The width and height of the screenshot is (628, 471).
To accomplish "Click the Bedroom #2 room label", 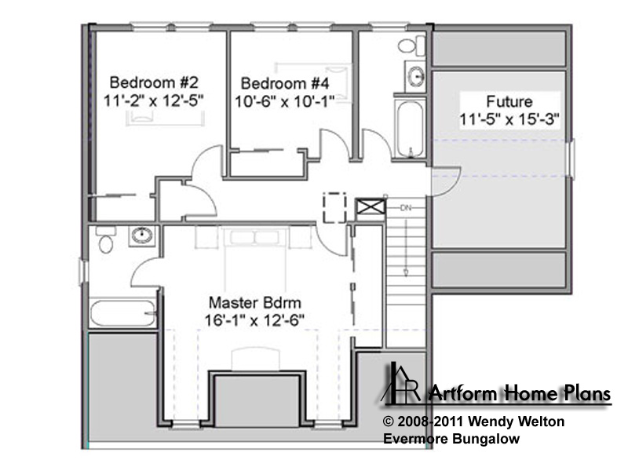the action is coord(154,82).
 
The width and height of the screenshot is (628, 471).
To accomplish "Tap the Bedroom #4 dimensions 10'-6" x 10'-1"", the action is coord(284,101).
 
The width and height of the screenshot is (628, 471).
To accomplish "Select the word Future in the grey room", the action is coord(509,101).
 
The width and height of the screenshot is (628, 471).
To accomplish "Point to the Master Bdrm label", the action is coord(254,302).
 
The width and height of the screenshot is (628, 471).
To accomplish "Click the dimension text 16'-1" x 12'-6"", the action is coord(254,320).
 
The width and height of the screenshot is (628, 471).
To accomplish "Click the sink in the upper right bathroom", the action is coord(416,75).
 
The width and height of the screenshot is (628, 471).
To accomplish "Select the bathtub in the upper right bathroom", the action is coord(409,129).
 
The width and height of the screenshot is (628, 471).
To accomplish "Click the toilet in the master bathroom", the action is coord(106,239).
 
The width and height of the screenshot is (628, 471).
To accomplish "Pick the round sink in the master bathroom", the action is coord(142,235).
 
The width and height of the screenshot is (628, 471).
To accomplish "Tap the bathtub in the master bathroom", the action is coord(122,312).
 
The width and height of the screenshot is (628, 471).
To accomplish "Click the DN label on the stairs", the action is coord(406,208).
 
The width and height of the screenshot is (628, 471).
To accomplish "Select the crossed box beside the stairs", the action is coord(371,207).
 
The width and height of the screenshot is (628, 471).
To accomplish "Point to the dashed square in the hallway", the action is coord(334,207).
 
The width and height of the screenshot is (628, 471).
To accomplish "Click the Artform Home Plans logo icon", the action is coord(400,383).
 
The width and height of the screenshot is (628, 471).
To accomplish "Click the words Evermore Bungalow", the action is coord(451,439).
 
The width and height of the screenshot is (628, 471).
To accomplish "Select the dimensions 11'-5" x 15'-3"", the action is coord(509,119).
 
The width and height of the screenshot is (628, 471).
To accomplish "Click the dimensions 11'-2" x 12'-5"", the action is coord(154,100).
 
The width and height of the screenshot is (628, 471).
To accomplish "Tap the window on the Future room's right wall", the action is coord(571,159).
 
